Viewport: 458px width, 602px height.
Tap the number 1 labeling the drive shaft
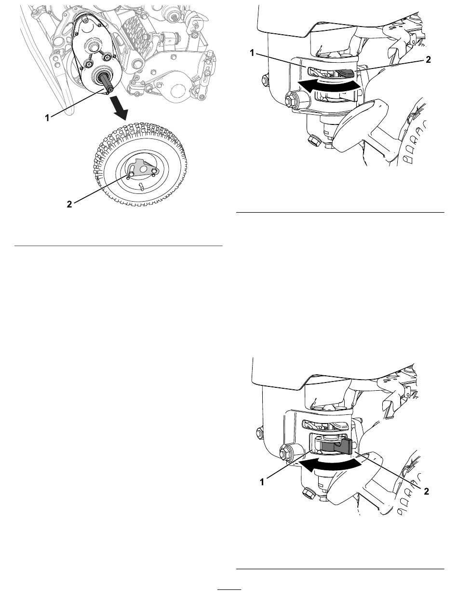tap(47, 118)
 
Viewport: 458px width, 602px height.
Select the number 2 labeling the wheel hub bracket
tap(69, 204)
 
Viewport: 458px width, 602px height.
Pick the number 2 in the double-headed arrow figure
tap(428, 59)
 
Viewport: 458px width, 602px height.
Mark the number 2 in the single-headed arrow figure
tap(426, 491)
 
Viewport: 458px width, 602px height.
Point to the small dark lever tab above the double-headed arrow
tap(347, 74)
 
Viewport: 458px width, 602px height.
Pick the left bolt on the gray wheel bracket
tap(132, 174)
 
